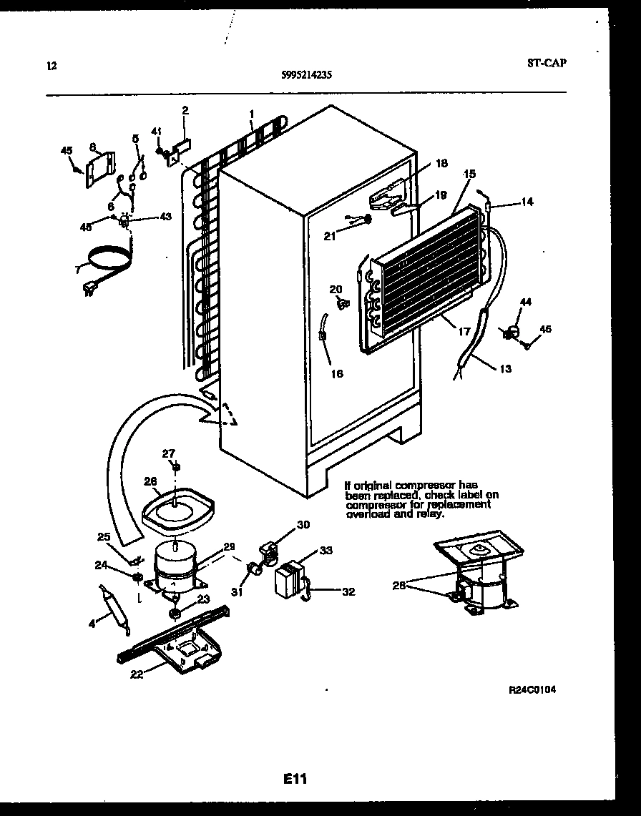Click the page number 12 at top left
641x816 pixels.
[x=51, y=67]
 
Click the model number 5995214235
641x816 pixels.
[x=307, y=73]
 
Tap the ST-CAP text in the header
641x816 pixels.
[x=547, y=63]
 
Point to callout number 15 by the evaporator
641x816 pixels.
[x=469, y=174]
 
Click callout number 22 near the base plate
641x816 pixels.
[x=136, y=674]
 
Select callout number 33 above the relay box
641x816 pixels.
[x=326, y=551]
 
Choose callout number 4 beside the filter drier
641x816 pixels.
[x=92, y=624]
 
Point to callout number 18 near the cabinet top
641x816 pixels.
[x=441, y=163]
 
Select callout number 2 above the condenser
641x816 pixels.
[x=185, y=110]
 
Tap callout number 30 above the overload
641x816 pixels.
[x=303, y=524]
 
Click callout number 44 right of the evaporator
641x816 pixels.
[x=526, y=303]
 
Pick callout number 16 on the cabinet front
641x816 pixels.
[x=336, y=373]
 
